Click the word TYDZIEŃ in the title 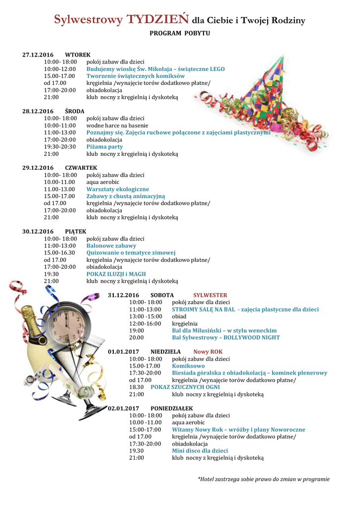[x=157, y=19]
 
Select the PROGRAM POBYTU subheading [x=180, y=34]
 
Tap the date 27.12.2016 [x=38, y=55]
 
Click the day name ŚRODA [x=74, y=111]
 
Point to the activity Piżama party [x=105, y=147]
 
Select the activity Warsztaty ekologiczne [x=118, y=189]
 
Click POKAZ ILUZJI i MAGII [x=116, y=274]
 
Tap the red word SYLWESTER [x=210, y=295]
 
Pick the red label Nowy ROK [x=208, y=351]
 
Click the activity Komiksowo [x=188, y=366]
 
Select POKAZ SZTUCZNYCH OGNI [x=185, y=387]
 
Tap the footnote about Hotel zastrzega [x=264, y=479]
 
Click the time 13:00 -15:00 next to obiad [x=145, y=316]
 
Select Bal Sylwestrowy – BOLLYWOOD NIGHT [x=226, y=337]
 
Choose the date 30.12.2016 [x=38, y=231]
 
